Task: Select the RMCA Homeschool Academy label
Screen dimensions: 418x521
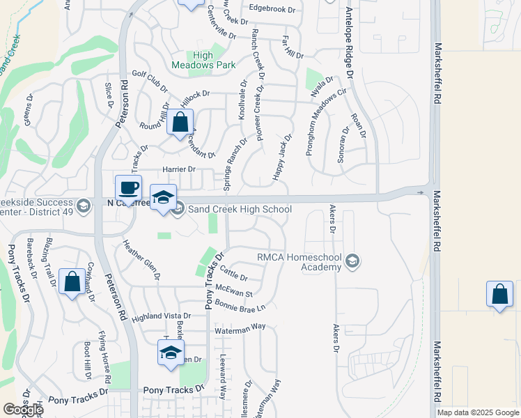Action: pyautogui.click(x=299, y=261)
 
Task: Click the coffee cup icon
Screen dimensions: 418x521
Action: pyautogui.click(x=129, y=188)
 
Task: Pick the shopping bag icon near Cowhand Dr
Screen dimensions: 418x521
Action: pyautogui.click(x=72, y=281)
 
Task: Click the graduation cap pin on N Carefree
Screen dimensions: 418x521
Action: pyautogui.click(x=163, y=198)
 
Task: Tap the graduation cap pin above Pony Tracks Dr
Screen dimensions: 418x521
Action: pyautogui.click(x=171, y=353)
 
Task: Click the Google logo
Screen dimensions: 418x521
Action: pyautogui.click(x=22, y=410)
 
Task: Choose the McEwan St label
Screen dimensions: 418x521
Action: pyautogui.click(x=233, y=286)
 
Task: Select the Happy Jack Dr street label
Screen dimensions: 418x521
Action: pyautogui.click(x=282, y=158)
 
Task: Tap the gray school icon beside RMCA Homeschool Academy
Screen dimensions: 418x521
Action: pyautogui.click(x=352, y=261)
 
